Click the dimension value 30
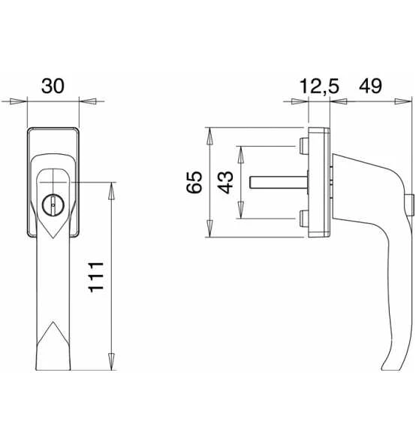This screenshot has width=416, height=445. pyautogui.click(x=53, y=86)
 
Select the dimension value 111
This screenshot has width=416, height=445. pyautogui.click(x=96, y=277)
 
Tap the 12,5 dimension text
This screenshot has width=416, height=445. pyautogui.click(x=319, y=86)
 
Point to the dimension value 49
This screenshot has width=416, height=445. pyautogui.click(x=370, y=86)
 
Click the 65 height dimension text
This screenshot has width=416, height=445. pyautogui.click(x=194, y=183)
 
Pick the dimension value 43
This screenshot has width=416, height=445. pyautogui.click(x=226, y=183)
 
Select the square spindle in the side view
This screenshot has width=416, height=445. pyautogui.click(x=279, y=182)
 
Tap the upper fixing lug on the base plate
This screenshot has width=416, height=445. pyautogui.click(x=304, y=146)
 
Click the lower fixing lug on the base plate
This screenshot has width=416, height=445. pyautogui.click(x=304, y=219)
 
